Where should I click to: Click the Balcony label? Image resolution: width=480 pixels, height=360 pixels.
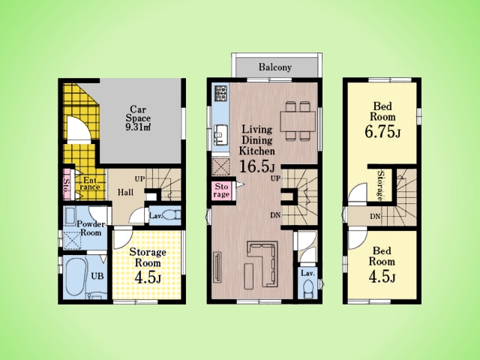tap(275, 67)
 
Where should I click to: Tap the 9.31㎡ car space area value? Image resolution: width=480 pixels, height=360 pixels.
tap(138, 127)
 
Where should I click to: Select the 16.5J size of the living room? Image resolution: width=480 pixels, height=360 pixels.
tap(257, 166)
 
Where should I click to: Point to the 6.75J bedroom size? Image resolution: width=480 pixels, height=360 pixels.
tap(382, 132)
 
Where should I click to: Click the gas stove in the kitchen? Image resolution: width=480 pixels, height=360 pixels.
tap(220, 93)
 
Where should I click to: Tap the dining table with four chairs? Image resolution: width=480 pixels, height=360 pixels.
tap(298, 121)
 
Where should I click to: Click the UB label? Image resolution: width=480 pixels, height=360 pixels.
tap(97, 276)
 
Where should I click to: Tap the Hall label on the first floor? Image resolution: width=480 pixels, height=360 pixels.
tap(126, 192)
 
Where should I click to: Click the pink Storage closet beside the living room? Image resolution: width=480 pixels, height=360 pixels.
tap(222, 190)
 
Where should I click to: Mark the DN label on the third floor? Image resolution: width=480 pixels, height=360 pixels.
tap(375, 217)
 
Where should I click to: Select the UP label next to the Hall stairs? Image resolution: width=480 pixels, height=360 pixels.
tap(139, 178)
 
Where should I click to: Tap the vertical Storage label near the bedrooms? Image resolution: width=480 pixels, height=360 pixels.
tap(380, 185)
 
